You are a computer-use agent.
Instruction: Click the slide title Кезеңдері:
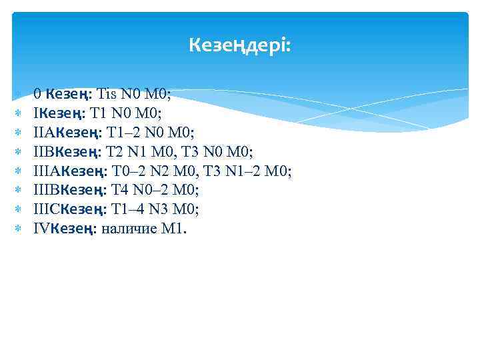pyautogui.click(x=240, y=45)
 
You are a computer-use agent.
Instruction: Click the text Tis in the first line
pyautogui.click(x=110, y=94)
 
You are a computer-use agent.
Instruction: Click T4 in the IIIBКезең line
pyautogui.click(x=116, y=191)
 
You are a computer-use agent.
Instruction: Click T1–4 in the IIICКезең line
pyautogui.click(x=127, y=210)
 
